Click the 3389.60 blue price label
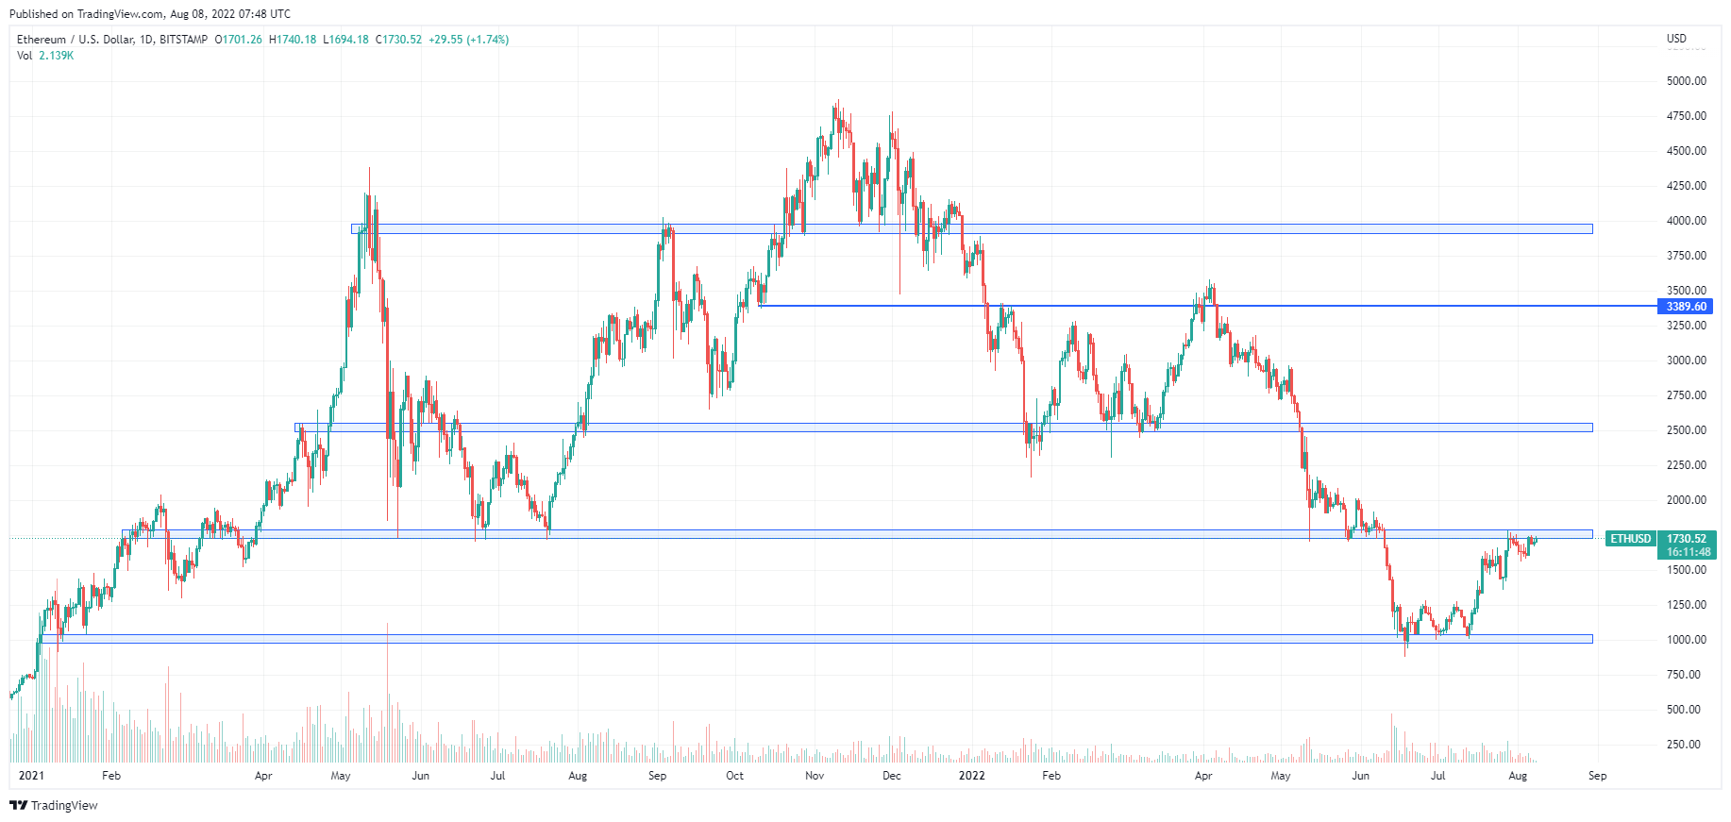[1686, 307]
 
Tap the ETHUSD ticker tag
[1630, 539]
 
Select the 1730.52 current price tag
[1686, 539]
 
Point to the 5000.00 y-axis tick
[1686, 81]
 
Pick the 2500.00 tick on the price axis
[1686, 430]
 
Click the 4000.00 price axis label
[1686, 221]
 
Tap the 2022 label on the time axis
[971, 776]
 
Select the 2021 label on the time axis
[31, 776]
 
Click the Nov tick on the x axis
[815, 776]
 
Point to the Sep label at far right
[1597, 776]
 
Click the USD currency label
[1676, 39]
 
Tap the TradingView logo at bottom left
[54, 805]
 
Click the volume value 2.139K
[56, 56]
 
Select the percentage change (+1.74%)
[487, 40]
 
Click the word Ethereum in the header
[42, 40]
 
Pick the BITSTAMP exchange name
[183, 40]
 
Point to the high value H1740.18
[293, 40]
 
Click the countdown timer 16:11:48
[1689, 552]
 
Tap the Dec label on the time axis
[891, 776]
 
